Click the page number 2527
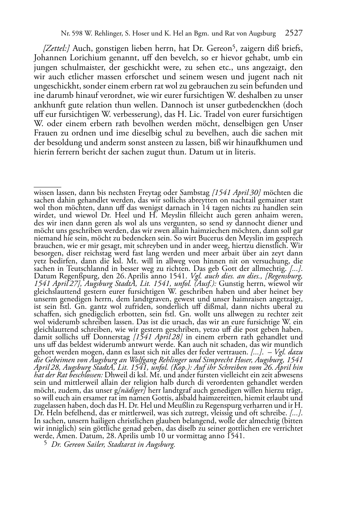294,34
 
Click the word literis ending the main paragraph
245,152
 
